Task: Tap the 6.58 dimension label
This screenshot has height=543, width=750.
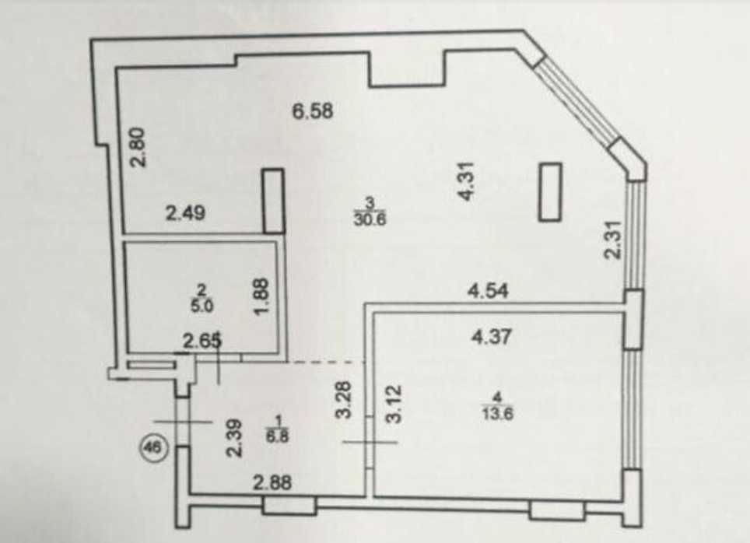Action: (313, 111)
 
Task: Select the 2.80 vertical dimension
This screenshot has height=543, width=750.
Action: (138, 148)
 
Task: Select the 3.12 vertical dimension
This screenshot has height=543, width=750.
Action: (395, 405)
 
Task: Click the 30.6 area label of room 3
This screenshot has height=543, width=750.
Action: (370, 219)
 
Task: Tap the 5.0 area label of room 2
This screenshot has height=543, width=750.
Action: (202, 306)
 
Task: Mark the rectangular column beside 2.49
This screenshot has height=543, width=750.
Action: (274, 201)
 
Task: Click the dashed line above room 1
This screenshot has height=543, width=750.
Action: (327, 363)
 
